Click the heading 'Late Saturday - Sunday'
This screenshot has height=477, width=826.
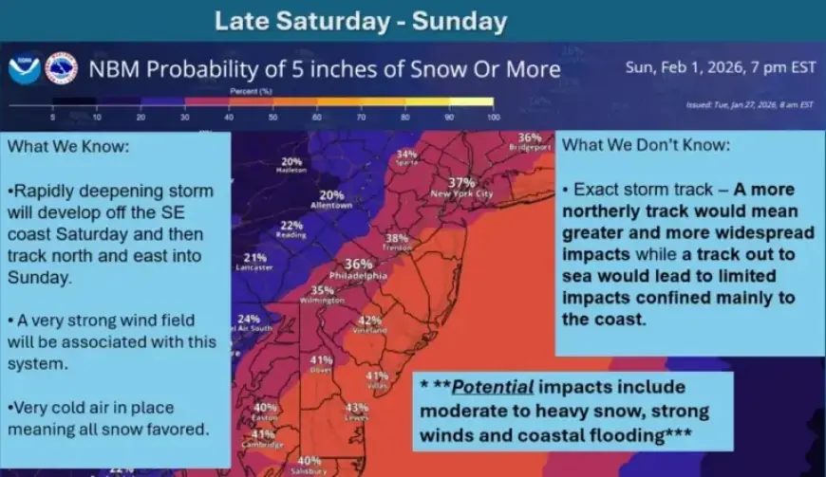[360, 21]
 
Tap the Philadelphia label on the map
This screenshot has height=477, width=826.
[358, 275]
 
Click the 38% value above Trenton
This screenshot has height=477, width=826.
[397, 238]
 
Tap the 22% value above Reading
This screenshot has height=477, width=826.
[291, 226]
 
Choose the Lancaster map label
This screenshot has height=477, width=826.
[254, 268]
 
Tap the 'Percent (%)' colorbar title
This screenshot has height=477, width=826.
[252, 91]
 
